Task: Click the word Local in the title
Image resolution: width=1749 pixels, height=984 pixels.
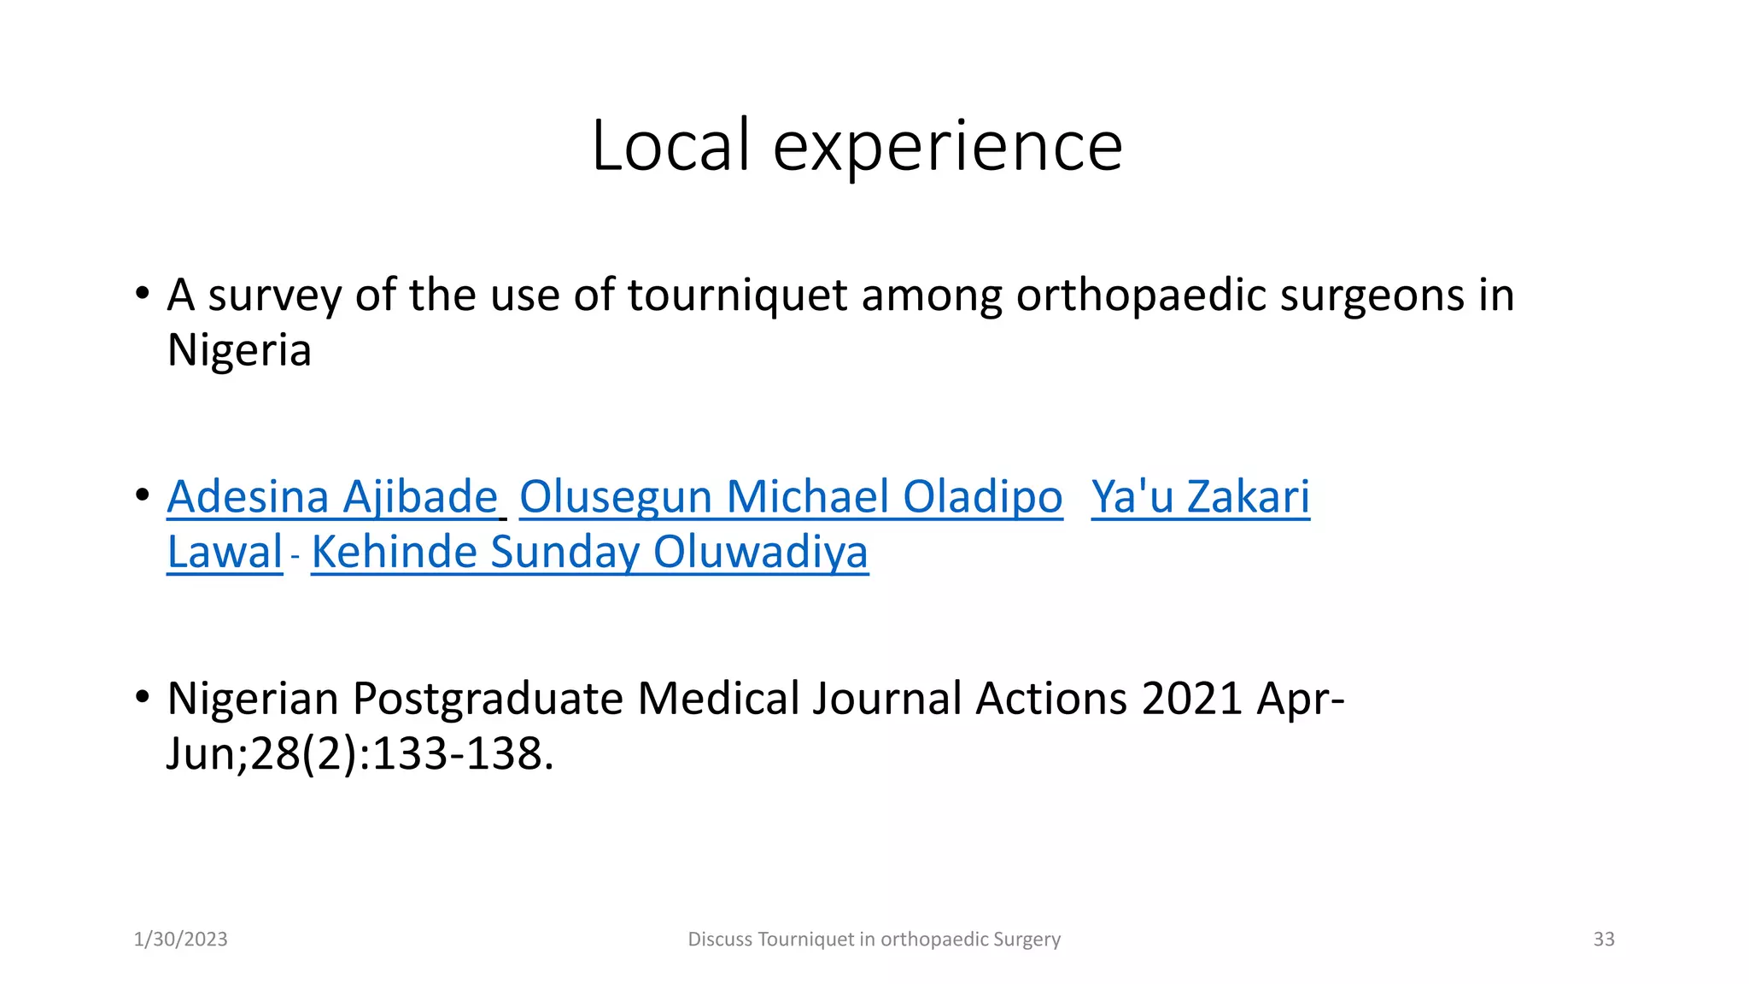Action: [670, 145]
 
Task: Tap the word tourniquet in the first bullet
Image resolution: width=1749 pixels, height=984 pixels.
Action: [737, 296]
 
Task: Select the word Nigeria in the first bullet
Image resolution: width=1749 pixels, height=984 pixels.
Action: [239, 350]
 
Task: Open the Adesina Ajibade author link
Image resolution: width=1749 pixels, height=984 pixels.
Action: [332, 497]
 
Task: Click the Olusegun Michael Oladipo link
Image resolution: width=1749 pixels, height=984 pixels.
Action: [791, 497]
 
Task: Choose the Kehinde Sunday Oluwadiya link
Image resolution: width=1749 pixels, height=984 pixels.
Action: [589, 552]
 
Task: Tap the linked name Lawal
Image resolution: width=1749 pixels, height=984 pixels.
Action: [225, 552]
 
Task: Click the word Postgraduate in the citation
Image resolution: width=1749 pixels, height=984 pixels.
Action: [488, 699]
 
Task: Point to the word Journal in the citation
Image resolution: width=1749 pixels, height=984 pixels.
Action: [887, 699]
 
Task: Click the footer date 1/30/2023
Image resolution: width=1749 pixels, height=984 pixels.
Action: [181, 940]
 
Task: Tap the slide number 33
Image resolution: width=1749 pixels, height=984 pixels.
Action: [1604, 940]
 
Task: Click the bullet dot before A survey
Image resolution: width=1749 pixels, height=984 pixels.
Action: [143, 294]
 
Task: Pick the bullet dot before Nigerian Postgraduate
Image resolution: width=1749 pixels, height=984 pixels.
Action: [143, 697]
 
